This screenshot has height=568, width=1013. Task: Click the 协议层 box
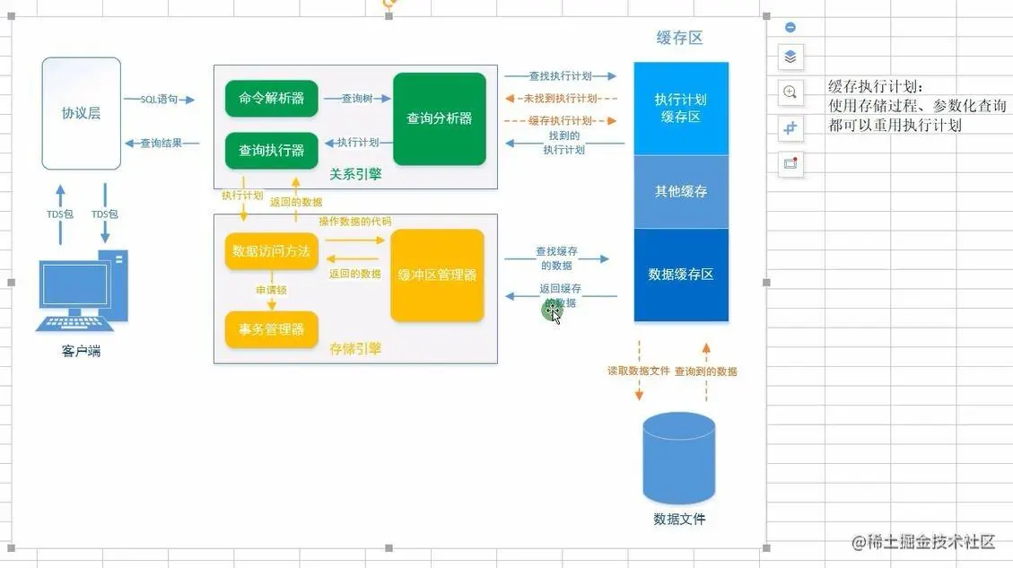(x=81, y=114)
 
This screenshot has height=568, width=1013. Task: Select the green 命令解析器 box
(x=271, y=98)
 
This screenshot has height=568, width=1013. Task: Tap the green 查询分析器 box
(x=439, y=118)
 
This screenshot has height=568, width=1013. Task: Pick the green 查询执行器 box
(x=271, y=150)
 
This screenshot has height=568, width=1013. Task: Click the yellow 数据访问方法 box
(x=271, y=251)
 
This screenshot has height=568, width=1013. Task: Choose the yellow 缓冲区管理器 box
(x=437, y=275)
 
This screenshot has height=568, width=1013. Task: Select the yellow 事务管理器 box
(x=271, y=328)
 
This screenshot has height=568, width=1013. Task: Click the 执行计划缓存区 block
(x=680, y=108)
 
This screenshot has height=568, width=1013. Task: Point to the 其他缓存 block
(x=680, y=191)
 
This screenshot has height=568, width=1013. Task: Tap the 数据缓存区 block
(x=680, y=274)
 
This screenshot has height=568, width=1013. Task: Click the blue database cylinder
(x=679, y=458)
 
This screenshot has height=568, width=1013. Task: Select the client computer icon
(x=81, y=292)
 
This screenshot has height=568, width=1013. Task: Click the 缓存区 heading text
(x=679, y=38)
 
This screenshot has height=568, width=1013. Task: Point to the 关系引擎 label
(x=355, y=174)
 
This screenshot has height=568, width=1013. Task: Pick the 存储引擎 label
(x=355, y=348)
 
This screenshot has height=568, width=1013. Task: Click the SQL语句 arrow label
(x=159, y=100)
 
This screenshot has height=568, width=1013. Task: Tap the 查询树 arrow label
(x=356, y=99)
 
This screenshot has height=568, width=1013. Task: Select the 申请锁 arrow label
(x=271, y=290)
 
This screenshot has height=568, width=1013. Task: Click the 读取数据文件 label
(x=638, y=371)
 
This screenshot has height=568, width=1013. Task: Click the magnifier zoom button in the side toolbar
(x=790, y=92)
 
